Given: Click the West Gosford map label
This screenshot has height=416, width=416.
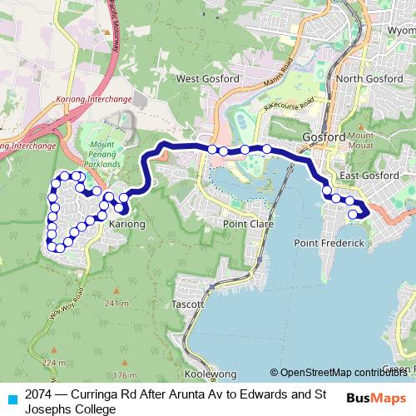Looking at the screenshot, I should coord(208,79).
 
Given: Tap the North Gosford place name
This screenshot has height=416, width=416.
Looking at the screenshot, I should coord(370,79).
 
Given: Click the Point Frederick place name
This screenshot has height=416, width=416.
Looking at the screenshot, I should coord(330,243).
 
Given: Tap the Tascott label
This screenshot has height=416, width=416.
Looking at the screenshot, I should coord(186,305).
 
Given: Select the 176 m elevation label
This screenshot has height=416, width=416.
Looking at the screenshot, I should coord(124,375).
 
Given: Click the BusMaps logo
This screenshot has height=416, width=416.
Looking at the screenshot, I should coord(376,398).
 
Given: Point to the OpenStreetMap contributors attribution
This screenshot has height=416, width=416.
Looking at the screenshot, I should coord(341,373).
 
